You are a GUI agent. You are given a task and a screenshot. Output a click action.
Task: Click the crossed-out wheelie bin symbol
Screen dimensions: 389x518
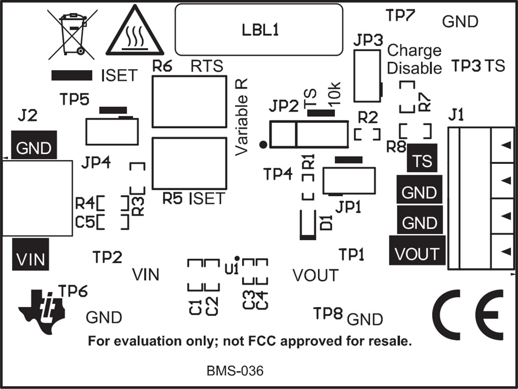point(68,34)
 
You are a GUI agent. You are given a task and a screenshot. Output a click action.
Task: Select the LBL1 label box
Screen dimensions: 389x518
point(259,30)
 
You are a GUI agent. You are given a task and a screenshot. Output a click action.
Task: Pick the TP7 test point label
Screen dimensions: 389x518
point(400,16)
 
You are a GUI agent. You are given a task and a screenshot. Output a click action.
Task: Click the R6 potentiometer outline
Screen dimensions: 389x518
point(189,101)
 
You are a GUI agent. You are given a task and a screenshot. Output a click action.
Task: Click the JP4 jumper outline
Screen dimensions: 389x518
point(112,131)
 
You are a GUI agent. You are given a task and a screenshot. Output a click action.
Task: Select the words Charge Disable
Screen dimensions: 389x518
point(414,59)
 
